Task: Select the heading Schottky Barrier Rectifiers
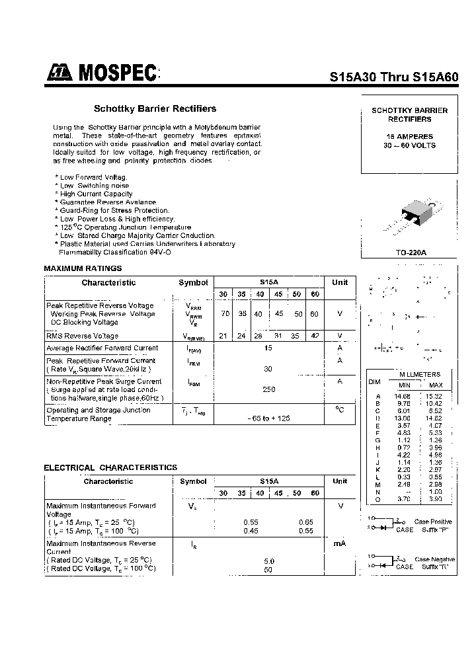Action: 155,108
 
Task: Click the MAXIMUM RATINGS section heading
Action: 83,268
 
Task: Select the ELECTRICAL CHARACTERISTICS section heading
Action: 110,467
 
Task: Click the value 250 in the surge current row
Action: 268,389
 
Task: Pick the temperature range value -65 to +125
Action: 268,418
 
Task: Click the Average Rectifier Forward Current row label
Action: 102,348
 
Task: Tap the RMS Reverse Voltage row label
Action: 83,336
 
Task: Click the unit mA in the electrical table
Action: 340,543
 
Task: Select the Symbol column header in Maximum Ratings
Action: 193,283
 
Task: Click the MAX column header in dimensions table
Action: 436,385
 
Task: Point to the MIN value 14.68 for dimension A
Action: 403,395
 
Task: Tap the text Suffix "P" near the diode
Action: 436,530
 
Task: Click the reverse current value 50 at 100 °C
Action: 268,569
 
